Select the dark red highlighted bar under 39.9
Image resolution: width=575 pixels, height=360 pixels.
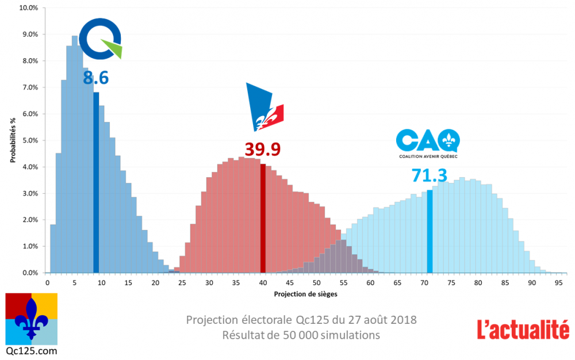(263, 218)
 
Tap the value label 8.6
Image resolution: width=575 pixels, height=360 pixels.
(95, 78)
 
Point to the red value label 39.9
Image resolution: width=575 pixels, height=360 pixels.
(262, 149)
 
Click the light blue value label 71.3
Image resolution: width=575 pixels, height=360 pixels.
(429, 175)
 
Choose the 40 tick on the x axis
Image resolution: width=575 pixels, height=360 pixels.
(263, 283)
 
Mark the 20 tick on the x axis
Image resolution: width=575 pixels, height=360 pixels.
(155, 283)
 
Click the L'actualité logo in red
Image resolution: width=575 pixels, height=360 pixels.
(523, 328)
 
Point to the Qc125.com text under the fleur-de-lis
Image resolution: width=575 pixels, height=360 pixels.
(31, 350)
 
